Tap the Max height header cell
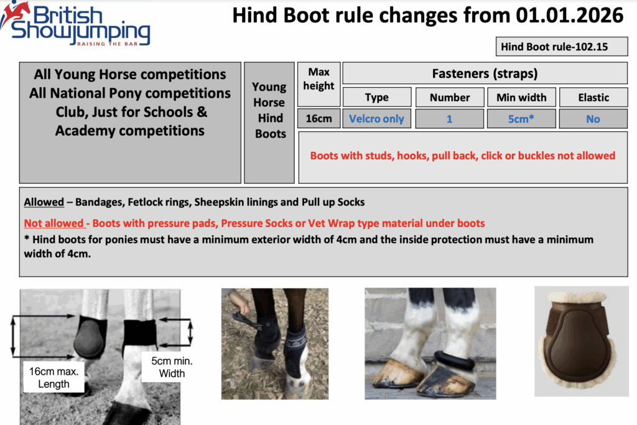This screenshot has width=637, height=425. click(x=318, y=79)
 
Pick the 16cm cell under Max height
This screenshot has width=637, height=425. click(x=318, y=118)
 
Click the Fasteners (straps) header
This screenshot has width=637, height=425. click(x=485, y=73)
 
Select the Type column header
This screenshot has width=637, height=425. click(x=376, y=97)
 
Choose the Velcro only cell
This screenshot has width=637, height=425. click(x=376, y=118)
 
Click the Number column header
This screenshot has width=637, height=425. click(x=449, y=97)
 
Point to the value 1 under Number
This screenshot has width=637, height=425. click(x=449, y=118)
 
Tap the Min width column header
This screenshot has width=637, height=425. click(x=521, y=97)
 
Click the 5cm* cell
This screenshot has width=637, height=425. click(x=521, y=118)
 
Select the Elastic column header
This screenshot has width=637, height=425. click(x=593, y=97)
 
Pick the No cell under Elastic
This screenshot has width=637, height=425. click(x=593, y=118)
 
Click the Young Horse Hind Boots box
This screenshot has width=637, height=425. click(x=270, y=110)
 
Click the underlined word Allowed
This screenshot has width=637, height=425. click(x=44, y=202)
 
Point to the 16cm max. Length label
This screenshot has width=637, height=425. click(x=53, y=377)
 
